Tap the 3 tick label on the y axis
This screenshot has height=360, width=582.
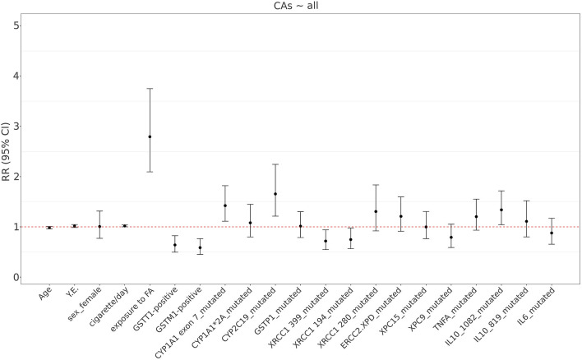pyautogui.click(x=16, y=127)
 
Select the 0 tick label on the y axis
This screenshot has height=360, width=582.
pyautogui.click(x=16, y=277)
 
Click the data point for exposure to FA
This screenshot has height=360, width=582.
pyautogui.click(x=150, y=136)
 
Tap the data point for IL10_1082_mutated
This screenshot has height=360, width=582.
pyautogui.click(x=501, y=210)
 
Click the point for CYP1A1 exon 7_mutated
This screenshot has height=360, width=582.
pyautogui.click(x=225, y=205)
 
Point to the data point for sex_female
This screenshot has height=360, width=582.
pyautogui.click(x=99, y=226)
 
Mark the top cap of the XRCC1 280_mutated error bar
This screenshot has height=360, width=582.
pyautogui.click(x=376, y=185)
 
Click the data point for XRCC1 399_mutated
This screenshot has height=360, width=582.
pyautogui.click(x=326, y=241)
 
